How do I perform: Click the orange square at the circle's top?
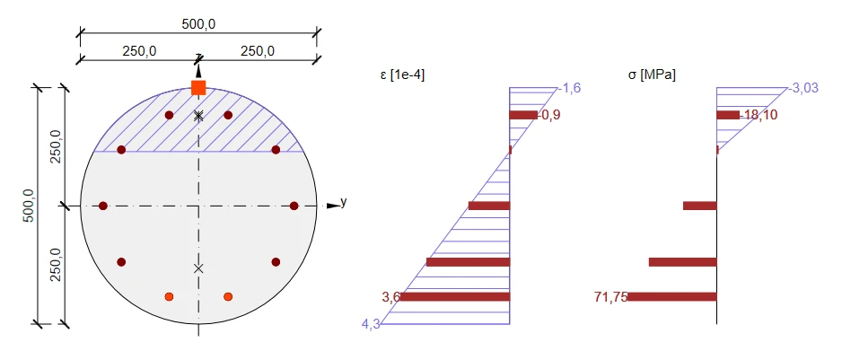198,88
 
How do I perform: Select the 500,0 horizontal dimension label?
198,25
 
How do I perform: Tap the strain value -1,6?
569,88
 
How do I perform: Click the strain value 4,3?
372,324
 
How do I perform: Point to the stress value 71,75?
611,297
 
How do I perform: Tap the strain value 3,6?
391,297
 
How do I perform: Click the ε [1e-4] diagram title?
402,75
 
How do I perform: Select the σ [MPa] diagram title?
652,75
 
